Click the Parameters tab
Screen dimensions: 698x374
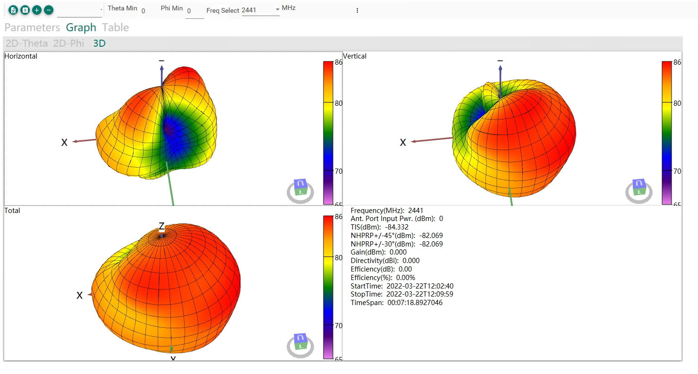tap(32, 28)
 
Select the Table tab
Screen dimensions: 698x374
tap(115, 28)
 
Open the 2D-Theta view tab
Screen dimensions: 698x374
tap(26, 43)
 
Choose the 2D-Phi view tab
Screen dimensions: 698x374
tap(68, 43)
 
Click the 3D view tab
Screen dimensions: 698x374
tap(99, 43)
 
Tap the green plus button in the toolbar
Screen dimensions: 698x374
tap(37, 10)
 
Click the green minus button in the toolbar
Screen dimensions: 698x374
tap(49, 10)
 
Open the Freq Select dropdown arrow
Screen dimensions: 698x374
tap(277, 9)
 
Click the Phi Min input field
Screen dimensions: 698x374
tap(195, 11)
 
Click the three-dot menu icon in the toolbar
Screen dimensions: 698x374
tap(357, 10)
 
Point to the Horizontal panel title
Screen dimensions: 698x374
tap(21, 56)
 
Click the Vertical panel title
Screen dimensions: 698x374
tap(355, 56)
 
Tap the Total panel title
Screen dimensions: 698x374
tap(12, 211)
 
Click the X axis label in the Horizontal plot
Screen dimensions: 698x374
tap(64, 143)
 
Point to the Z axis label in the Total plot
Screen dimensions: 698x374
tap(162, 226)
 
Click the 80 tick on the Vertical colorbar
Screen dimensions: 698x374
tap(677, 103)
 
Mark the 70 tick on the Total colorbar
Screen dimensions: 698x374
tap(339, 326)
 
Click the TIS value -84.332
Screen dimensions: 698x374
tap(396, 227)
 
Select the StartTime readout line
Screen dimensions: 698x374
tap(402, 286)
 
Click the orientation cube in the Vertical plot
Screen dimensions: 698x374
tap(639, 187)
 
